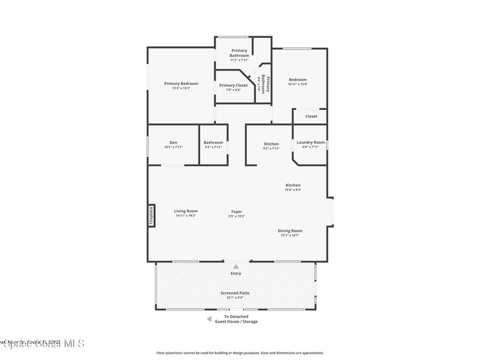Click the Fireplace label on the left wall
click(151, 216)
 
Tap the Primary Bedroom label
click(181, 83)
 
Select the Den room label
click(173, 142)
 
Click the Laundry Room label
click(310, 142)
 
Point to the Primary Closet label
click(233, 85)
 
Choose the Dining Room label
click(290, 231)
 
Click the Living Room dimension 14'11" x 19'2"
click(186, 216)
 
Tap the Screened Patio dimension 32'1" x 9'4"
click(235, 297)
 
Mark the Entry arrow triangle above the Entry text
click(236, 266)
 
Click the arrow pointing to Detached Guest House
click(209, 319)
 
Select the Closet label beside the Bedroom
click(311, 116)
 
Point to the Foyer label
click(236, 211)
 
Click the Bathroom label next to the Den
click(213, 142)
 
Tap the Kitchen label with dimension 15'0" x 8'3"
click(293, 185)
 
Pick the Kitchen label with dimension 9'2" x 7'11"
click(271, 144)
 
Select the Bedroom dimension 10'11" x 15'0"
click(298, 84)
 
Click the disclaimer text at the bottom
click(240, 353)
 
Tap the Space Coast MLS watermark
click(42, 343)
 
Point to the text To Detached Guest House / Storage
click(236, 319)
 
